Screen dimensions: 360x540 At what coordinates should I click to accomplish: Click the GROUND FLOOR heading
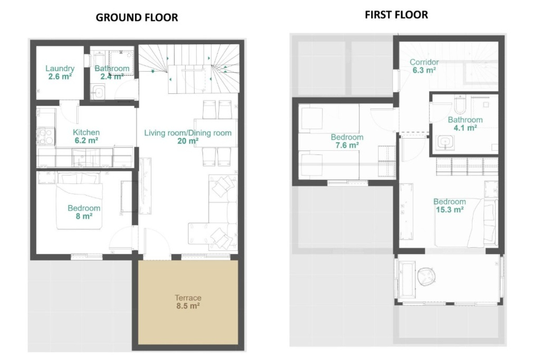coord(137,17)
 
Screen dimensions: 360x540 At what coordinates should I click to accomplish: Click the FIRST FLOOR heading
coord(396,15)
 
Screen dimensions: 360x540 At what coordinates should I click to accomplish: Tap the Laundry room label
coord(60,68)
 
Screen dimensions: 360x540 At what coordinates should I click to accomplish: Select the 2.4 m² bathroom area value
coord(112,76)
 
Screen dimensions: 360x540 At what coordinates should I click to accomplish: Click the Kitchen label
coord(86,132)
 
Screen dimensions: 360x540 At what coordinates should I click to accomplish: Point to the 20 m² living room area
coord(188,141)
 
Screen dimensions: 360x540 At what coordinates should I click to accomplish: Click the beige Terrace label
coord(188,298)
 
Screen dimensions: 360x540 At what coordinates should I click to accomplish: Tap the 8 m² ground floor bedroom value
coord(84,216)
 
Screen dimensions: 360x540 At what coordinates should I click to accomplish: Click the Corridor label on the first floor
coord(424,62)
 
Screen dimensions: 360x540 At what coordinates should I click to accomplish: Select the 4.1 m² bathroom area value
coord(465,128)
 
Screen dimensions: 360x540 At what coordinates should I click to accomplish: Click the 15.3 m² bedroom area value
coord(449,210)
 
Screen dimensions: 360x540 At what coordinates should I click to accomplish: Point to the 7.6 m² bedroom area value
coord(347,145)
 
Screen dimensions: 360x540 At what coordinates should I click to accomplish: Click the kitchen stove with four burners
coord(46,136)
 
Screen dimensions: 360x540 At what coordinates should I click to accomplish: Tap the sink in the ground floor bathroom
coord(98,92)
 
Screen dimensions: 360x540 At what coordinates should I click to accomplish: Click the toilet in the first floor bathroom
coord(460,104)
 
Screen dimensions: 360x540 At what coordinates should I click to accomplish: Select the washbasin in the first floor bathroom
coord(445,142)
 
